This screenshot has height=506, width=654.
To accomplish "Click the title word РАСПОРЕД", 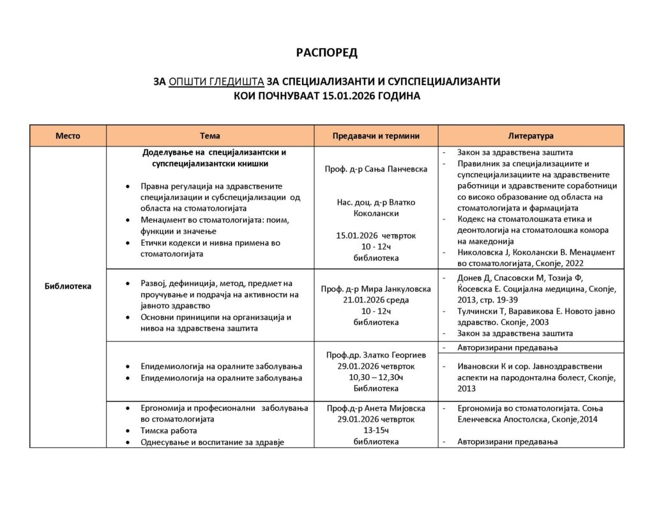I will (x=326, y=52).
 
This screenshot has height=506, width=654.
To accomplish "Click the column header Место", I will (x=68, y=136).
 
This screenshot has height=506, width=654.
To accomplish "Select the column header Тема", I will (x=209, y=136).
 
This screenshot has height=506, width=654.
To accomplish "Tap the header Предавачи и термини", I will (x=376, y=136).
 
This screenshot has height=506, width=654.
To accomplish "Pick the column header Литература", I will (x=530, y=136).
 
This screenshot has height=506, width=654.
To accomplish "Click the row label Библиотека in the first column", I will (x=68, y=286).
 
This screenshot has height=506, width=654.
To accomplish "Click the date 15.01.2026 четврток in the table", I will (x=376, y=235).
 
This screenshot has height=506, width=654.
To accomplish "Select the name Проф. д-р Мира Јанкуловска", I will (x=376, y=289).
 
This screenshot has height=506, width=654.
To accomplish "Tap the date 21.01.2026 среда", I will (x=376, y=299).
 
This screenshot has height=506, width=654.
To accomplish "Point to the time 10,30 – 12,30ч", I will (x=376, y=377).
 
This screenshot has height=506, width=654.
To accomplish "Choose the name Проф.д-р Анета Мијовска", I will (x=376, y=407).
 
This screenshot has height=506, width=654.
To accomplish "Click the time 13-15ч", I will (x=376, y=430).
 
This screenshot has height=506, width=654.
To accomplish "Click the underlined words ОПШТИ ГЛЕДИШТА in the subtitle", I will (x=217, y=82).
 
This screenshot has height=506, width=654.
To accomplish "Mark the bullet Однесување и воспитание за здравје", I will (x=212, y=441).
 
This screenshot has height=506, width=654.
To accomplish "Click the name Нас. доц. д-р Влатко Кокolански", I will (x=376, y=207).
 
